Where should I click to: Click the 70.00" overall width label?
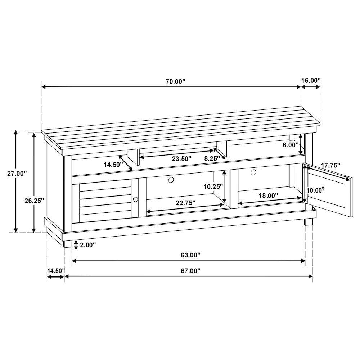point(175,81)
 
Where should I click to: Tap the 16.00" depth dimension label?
point(310,80)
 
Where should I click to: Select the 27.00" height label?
point(17,173)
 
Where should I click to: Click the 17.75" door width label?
point(330,166)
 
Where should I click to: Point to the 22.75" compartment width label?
point(186,203)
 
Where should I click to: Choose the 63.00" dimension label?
point(190,255)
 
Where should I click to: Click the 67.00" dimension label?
point(190,271)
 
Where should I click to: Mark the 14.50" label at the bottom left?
point(55,270)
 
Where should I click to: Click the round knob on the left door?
point(136,199)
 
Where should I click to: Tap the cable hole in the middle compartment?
point(171,179)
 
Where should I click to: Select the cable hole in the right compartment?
point(253,172)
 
